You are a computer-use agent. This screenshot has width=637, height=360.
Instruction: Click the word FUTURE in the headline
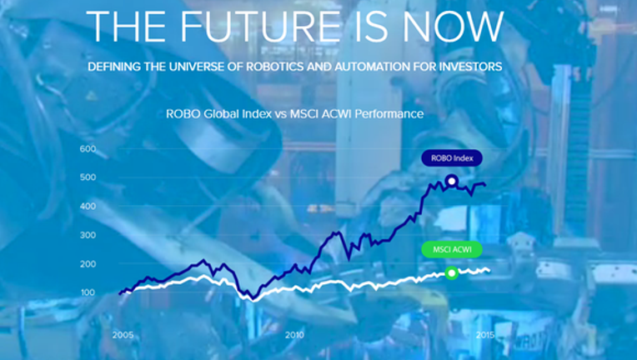[x=260, y=27]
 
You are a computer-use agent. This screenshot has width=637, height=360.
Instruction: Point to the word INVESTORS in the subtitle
[x=469, y=67]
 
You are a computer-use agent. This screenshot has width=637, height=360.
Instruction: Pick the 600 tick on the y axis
[x=88, y=149]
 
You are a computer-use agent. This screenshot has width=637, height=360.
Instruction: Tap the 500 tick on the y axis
[x=88, y=177]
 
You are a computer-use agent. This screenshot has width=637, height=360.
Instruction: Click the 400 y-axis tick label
[x=88, y=206]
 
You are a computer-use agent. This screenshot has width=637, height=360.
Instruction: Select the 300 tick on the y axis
[x=88, y=235]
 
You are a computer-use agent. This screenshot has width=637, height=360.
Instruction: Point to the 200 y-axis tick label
[x=88, y=264]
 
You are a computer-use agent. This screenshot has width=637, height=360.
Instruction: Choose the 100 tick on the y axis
[x=88, y=292]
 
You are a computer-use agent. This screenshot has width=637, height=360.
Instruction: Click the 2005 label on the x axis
[x=123, y=335]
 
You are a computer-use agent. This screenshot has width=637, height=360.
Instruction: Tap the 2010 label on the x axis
[x=294, y=335]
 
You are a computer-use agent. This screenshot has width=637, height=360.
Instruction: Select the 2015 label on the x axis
[x=485, y=335]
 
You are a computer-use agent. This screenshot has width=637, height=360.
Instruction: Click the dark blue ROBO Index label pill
[x=452, y=158]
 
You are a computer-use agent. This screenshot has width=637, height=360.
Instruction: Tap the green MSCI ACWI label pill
[x=452, y=250]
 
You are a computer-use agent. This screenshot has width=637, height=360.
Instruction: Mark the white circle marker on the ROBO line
[x=451, y=181]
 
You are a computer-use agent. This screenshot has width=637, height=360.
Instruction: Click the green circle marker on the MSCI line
[x=451, y=273]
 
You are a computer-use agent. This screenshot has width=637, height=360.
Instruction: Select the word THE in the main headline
[x=126, y=27]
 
